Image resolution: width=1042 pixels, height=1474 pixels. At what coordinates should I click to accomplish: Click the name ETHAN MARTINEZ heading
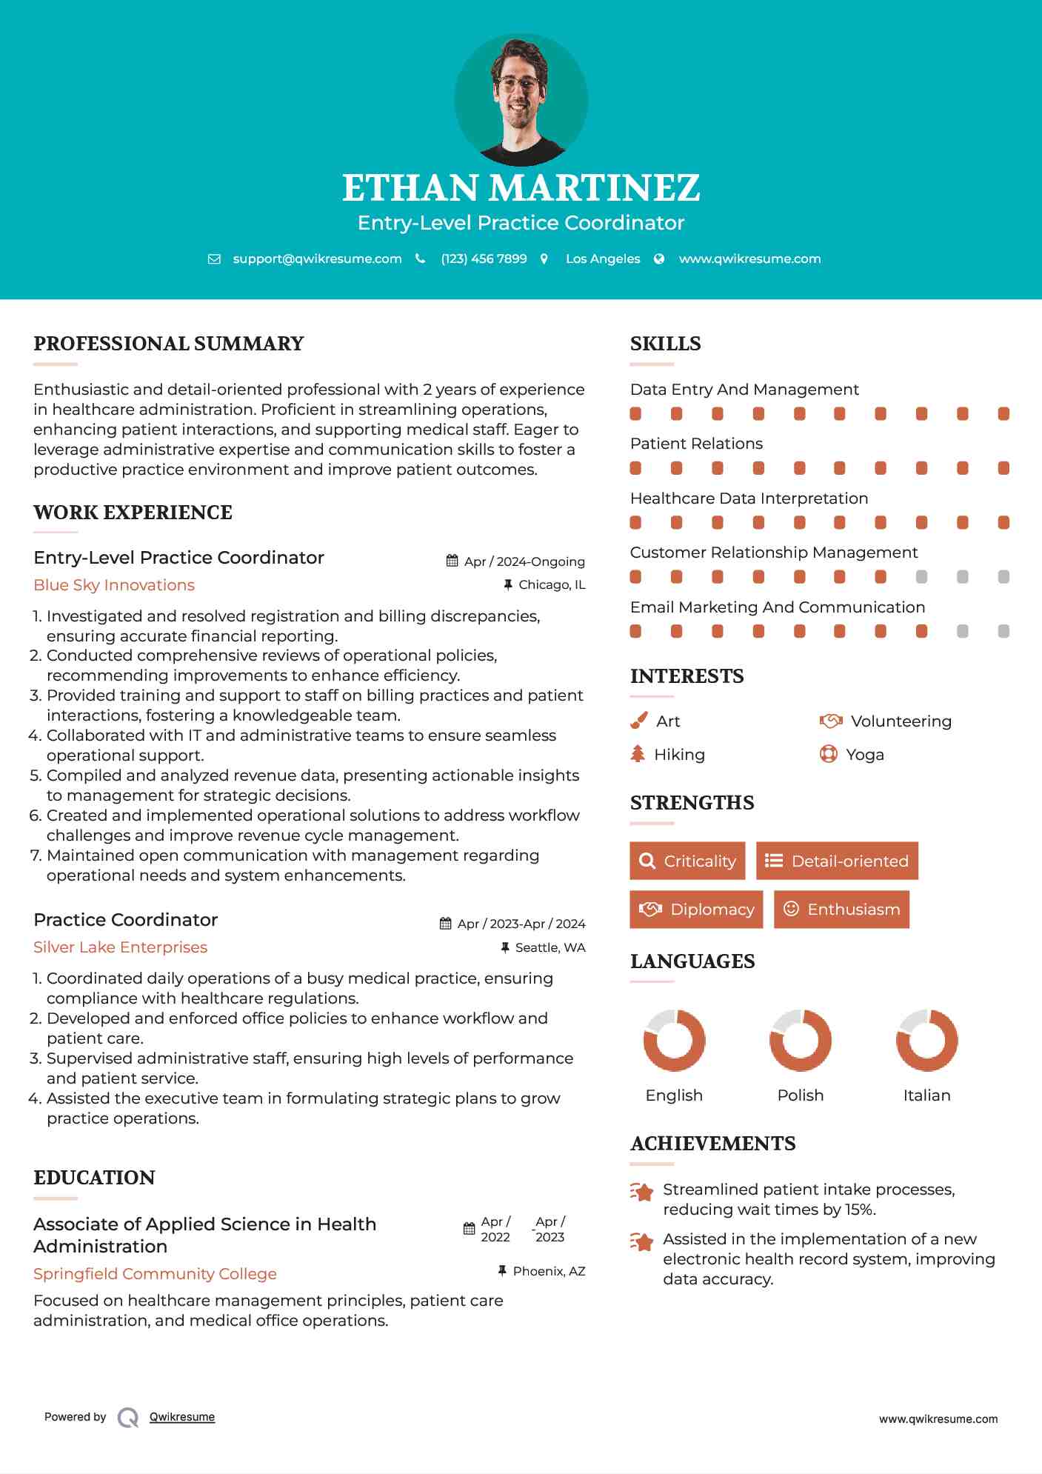(521, 188)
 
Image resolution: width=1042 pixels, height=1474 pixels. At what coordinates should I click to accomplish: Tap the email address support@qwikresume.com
(317, 259)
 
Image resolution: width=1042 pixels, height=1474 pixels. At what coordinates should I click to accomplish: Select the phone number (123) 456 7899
(484, 259)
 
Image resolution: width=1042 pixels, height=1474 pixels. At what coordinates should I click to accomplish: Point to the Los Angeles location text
(603, 259)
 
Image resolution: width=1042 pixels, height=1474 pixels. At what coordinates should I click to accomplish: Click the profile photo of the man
(521, 99)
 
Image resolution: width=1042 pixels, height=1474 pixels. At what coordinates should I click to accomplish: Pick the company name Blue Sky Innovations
(114, 585)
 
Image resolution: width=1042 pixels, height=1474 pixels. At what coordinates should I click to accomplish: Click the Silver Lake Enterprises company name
(120, 947)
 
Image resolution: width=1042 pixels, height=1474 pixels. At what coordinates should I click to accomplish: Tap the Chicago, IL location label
(552, 584)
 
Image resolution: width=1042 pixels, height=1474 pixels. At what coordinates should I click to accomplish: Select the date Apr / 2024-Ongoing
(524, 561)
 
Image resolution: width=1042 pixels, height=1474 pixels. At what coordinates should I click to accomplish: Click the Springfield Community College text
(155, 1274)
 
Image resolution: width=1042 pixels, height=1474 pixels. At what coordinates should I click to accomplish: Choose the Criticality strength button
(687, 861)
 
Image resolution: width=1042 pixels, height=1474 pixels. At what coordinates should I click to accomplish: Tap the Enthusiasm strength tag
(841, 909)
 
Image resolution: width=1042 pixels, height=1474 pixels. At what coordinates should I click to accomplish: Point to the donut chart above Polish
(800, 1040)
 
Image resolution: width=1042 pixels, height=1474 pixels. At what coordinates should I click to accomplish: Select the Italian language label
(926, 1096)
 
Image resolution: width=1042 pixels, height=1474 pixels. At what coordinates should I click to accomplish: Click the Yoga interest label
(865, 755)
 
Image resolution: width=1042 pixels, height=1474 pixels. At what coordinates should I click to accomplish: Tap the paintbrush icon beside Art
(638, 721)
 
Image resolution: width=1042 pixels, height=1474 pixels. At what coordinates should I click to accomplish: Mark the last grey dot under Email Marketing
(1003, 631)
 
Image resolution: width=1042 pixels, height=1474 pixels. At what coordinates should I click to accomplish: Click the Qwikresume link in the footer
(182, 1417)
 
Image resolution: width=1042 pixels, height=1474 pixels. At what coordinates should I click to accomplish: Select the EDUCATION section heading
(94, 1178)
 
